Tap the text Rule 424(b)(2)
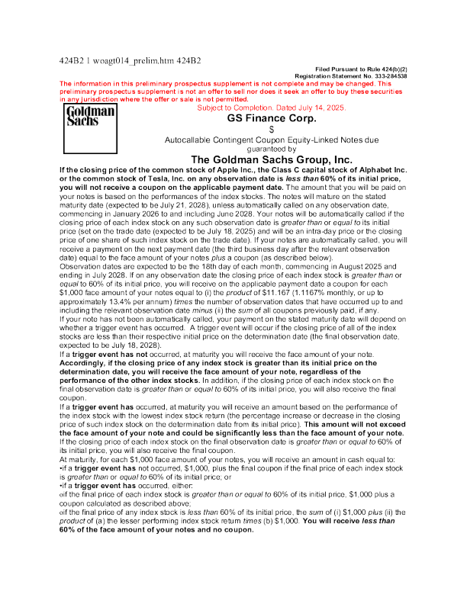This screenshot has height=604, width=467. coord(387,69)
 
